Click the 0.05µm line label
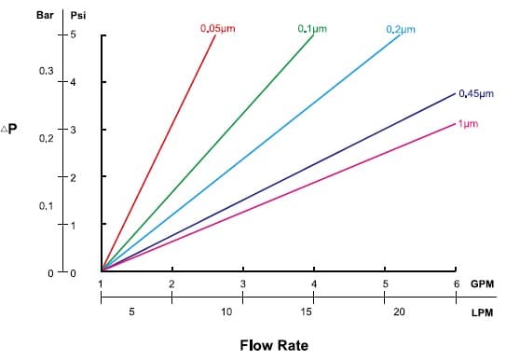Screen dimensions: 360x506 coord(218,28)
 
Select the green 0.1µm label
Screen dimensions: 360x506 coord(312,28)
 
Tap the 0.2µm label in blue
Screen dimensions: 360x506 coord(400,28)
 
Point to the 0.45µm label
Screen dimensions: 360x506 coord(475,93)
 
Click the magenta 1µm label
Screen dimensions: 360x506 coord(469,123)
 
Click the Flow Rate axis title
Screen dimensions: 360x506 coord(273,345)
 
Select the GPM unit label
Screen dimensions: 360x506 coord(482,284)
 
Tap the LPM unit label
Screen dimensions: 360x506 coord(482,312)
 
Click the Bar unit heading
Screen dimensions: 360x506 coord(44,16)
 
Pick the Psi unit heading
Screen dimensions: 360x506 coord(79,16)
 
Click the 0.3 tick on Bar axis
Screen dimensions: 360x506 coord(46,71)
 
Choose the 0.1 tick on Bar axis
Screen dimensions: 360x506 coord(46,204)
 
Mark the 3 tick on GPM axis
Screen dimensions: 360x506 coord(242,284)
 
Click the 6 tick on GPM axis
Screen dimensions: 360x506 coord(456,284)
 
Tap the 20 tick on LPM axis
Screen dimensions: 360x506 coord(399,312)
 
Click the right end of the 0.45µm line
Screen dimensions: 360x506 coord(454,94)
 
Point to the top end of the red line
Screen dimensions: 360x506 coord(215,35)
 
